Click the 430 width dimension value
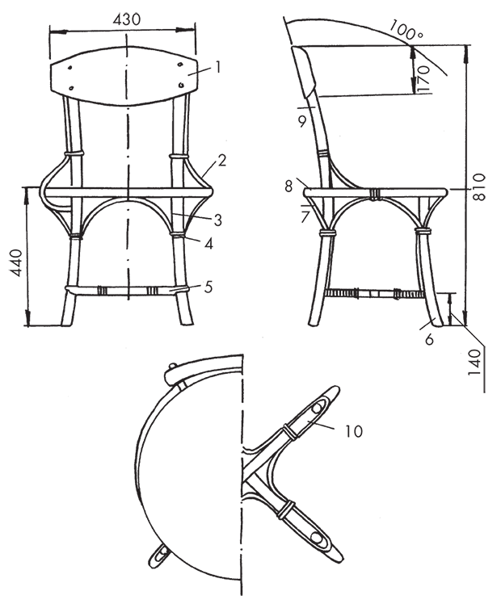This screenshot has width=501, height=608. point(127,19)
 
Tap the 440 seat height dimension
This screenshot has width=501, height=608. point(16,262)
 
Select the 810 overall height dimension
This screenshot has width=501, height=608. point(480,187)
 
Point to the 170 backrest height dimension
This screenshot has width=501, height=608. point(423,78)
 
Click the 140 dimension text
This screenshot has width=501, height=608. point(475,362)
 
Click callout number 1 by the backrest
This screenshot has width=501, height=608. point(217,68)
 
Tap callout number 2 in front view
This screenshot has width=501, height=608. point(221,160)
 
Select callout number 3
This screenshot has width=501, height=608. point(217,220)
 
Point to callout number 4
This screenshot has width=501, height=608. point(208,244)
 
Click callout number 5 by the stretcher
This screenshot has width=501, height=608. point(208,287)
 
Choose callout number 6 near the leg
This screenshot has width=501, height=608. point(429,339)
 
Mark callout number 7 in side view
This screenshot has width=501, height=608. point(305,217)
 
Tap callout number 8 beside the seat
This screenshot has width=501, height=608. point(288,187)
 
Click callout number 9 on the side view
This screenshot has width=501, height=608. point(302,122)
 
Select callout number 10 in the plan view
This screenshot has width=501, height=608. point(354,431)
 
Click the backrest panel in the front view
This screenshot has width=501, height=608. point(124,76)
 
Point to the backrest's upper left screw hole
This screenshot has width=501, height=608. point(69,68)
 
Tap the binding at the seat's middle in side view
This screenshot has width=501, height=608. point(373,195)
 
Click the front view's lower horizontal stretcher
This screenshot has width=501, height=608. point(127,291)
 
